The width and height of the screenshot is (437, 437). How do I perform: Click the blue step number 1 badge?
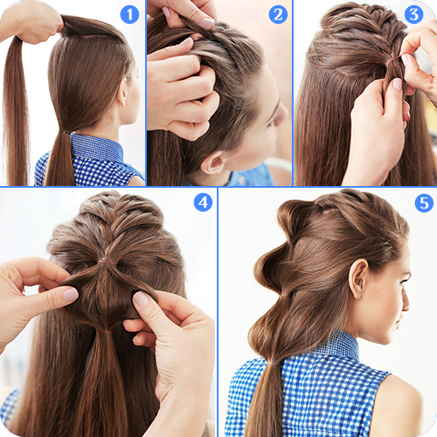point(130,15)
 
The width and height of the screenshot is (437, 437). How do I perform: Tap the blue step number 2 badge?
point(278,15)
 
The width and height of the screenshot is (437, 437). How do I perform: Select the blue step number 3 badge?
point(414,15)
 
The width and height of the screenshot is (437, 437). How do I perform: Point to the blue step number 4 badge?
point(203,202)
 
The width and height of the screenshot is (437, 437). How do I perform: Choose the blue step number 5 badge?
point(424,203)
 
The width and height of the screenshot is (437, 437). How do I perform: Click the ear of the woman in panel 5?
point(358,278)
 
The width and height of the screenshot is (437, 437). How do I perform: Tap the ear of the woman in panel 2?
point(212,163)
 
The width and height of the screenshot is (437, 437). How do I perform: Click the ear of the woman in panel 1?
point(123,91)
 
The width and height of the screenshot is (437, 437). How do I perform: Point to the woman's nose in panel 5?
point(405,303)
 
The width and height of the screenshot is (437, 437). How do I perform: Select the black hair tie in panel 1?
point(66,132)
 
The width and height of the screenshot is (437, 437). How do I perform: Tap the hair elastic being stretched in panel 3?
point(394,59)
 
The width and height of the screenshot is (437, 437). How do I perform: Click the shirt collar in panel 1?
point(96,148)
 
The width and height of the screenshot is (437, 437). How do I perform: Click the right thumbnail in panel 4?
point(141,299)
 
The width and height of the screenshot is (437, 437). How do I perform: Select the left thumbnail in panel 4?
point(71,294)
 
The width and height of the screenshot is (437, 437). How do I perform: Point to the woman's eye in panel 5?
point(403,280)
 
